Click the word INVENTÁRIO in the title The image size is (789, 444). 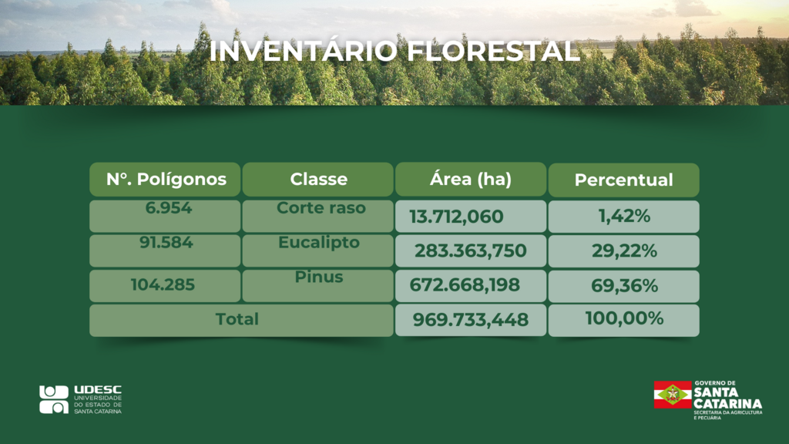pos(303,51)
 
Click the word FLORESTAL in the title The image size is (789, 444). pos(494,51)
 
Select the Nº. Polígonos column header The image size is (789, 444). pos(165,179)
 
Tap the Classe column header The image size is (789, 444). pos(318,179)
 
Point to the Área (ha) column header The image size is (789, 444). pos(471,179)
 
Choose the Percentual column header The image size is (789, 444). pos(624,180)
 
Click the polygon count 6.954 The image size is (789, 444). pos(169,207)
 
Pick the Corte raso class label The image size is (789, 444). pos(321,207)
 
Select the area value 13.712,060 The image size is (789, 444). pos(456,217)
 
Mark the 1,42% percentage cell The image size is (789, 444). pos(624,217)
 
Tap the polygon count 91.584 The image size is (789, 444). pos(166,242)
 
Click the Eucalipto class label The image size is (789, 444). pos(319,242)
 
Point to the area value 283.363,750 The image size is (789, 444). pos(471,251)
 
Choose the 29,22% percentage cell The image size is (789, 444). pos(624,251)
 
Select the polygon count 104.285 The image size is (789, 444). pos(163,285)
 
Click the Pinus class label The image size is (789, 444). pos(319,277)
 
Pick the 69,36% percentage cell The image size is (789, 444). pos(624,286)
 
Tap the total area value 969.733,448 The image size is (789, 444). pos(471,320)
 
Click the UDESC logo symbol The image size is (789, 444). pos(54,400)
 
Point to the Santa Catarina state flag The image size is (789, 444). pos(673,395)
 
